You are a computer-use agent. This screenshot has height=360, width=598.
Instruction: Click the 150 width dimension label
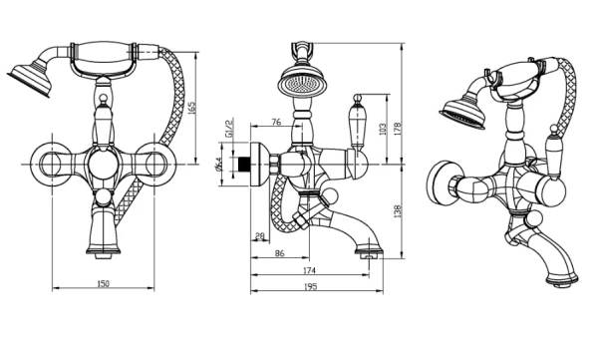(x=103, y=283)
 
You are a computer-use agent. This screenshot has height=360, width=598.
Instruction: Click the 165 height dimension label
(x=192, y=108)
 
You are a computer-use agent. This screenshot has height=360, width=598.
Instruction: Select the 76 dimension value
(x=276, y=122)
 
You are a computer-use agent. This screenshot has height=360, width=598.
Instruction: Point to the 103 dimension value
(x=383, y=129)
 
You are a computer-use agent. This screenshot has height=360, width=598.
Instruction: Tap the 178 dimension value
(x=397, y=129)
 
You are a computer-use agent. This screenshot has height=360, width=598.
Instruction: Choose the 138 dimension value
(x=397, y=211)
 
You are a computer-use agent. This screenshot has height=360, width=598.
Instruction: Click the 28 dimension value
(x=260, y=236)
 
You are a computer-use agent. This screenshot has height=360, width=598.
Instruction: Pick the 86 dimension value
(x=279, y=253)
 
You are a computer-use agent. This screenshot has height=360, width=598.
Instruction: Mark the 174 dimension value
(x=309, y=270)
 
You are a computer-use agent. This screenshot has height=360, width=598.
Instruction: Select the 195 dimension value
(x=311, y=286)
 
